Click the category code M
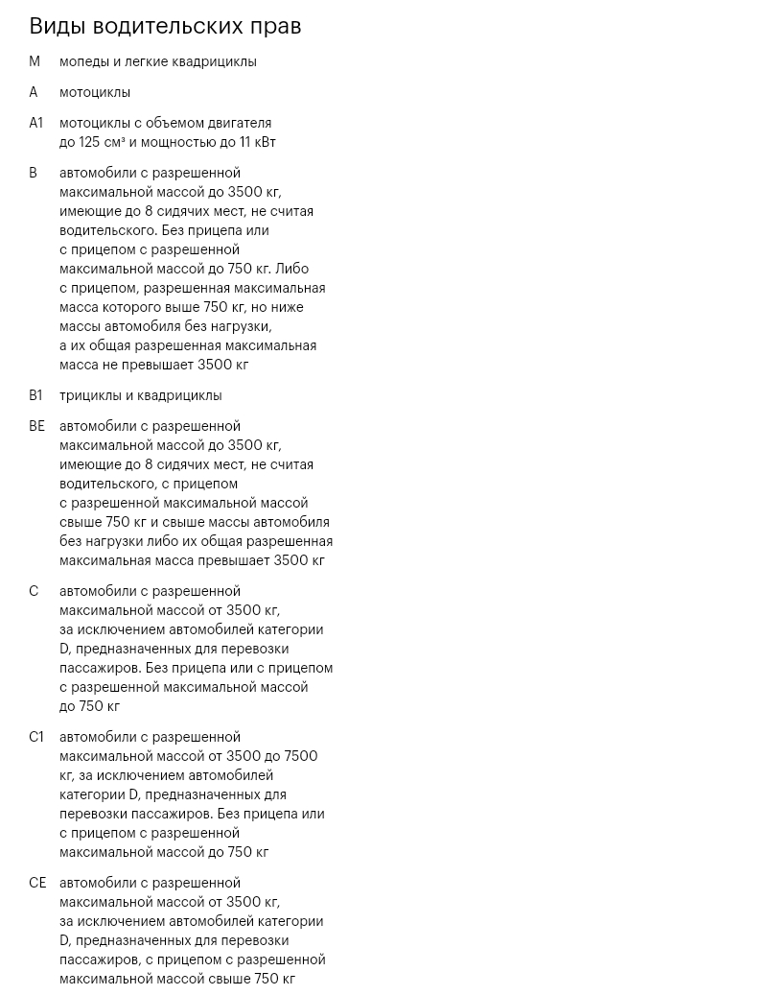tap(35, 61)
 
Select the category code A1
tap(36, 123)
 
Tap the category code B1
tap(35, 395)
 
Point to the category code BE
tap(36, 426)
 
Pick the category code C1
tap(36, 737)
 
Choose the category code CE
tap(37, 883)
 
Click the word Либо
tap(291, 269)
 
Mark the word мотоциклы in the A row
tap(95, 92)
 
